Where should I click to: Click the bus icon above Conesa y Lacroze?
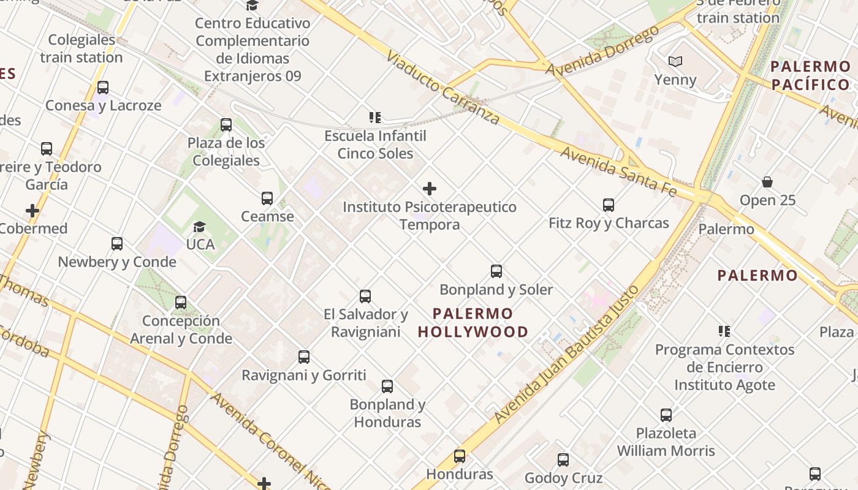tap(103, 88)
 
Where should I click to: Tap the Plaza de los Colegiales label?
tap(226, 152)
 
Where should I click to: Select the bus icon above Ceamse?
tap(267, 198)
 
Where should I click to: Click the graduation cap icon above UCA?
tap(199, 227)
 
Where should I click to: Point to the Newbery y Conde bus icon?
tap(117, 244)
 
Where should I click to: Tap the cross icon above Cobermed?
tap(32, 211)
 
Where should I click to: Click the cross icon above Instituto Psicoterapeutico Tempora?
tap(430, 189)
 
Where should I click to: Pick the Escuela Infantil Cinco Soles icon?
tap(374, 118)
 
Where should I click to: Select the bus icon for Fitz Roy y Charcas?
tap(609, 205)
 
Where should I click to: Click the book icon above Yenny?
tap(675, 62)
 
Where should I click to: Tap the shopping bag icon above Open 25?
tap(767, 183)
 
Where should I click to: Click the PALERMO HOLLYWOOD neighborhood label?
tap(473, 323)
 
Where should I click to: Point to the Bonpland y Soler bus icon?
tap(496, 271)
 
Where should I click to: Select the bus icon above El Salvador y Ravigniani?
tap(365, 296)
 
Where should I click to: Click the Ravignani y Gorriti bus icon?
tap(304, 357)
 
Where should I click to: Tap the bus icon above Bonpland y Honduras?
tap(387, 386)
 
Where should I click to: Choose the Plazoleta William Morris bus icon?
tap(666, 415)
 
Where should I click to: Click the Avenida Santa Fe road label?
tap(618, 171)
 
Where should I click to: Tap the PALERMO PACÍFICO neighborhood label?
tap(810, 75)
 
